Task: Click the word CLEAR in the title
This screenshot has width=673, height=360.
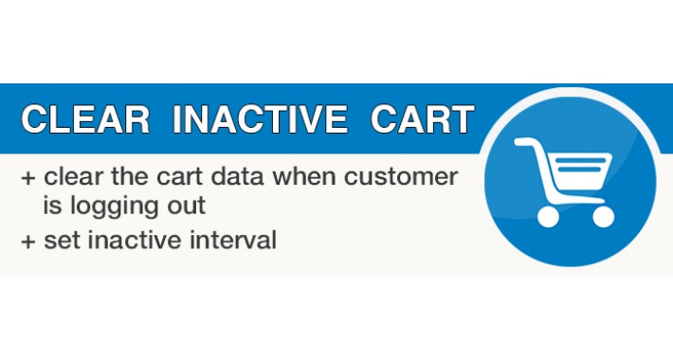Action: (85, 120)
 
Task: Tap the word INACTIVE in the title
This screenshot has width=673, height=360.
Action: (260, 120)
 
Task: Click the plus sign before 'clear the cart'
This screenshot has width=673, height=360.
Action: (27, 177)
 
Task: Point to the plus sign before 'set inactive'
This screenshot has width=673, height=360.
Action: (27, 241)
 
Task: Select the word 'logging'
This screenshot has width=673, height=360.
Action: (107, 206)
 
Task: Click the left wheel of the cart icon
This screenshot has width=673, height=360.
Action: (548, 216)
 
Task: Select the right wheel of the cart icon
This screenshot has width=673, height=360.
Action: (602, 216)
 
